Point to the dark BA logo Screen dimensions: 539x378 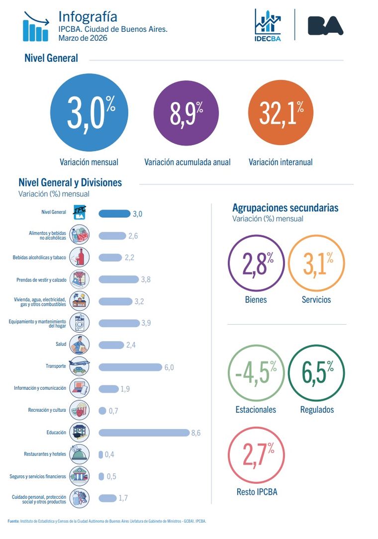325,25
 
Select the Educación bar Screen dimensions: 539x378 144,433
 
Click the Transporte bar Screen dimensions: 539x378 130,367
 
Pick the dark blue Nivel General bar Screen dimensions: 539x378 114,214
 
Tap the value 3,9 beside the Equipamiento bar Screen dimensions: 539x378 146,323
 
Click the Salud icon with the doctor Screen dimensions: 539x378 80,345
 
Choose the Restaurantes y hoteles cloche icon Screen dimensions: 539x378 80,454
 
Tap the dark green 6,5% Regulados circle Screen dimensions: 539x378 316,373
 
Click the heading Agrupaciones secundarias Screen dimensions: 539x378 285,208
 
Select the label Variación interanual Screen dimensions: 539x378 281,162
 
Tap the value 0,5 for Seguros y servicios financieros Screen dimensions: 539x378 111,476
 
